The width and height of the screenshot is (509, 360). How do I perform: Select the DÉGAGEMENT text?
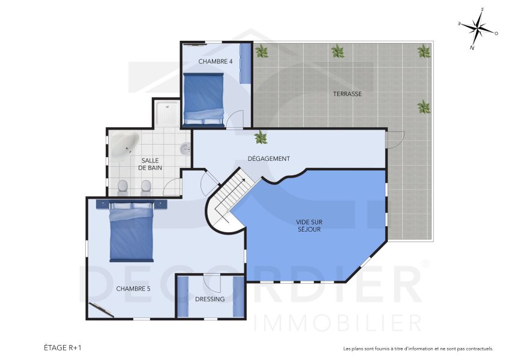pos(269,158)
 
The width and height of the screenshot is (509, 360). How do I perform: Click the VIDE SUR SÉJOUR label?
pos(309,225)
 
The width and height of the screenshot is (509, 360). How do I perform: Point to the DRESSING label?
pos(209,299)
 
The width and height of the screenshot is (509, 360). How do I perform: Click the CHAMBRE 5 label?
pos(133,289)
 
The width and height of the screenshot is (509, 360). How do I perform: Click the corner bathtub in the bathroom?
pos(124,146)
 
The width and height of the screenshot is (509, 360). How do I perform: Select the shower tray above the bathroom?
pos(166,113)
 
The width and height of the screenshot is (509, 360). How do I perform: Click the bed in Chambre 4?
pos(203,98)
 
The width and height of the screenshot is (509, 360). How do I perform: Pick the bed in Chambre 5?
pos(131,232)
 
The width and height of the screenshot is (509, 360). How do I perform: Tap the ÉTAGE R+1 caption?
pos(62,347)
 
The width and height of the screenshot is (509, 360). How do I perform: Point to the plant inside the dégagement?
pos(261,137)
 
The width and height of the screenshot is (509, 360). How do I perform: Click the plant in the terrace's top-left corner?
pos(262,51)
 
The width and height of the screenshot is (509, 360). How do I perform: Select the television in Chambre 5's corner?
pos(101,310)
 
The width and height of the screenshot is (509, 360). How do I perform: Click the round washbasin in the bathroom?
pos(185,148)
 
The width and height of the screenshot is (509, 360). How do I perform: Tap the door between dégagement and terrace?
pos(394,140)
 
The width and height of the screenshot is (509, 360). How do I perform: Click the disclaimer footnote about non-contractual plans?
pos(418,349)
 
